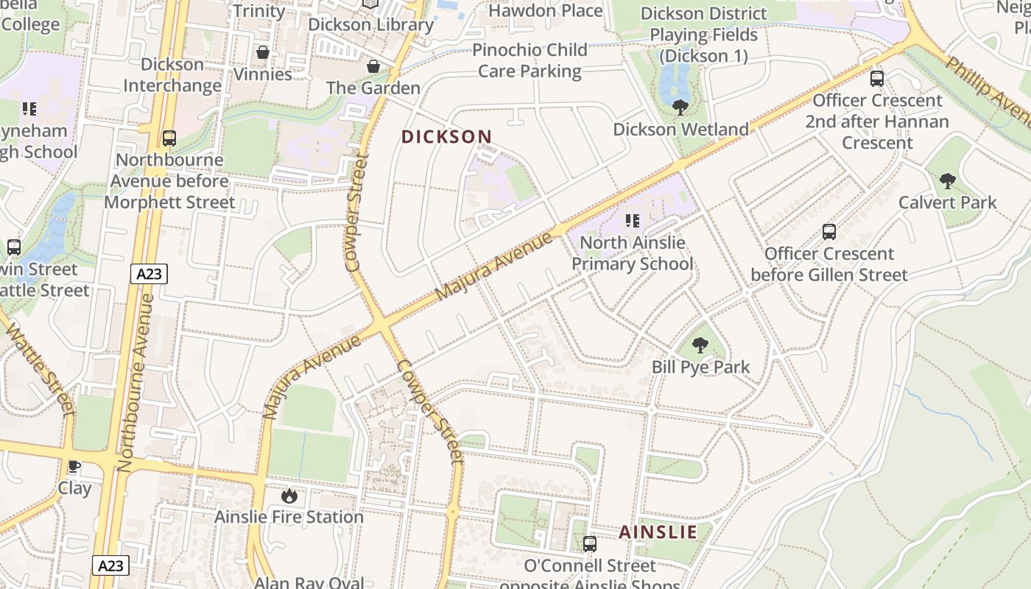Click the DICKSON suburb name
[446, 137]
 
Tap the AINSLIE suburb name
[658, 532]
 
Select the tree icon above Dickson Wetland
[680, 107]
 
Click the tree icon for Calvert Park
[948, 180]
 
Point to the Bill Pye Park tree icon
[700, 345]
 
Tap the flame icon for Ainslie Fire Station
[289, 495]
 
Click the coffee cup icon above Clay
[74, 466]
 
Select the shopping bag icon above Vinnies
[262, 52]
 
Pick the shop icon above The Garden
[373, 66]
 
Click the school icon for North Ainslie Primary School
[632, 220]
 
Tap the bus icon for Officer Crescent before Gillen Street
[829, 232]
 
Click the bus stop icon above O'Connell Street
[590, 544]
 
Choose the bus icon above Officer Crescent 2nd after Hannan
[877, 78]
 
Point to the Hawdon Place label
[545, 11]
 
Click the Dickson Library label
[370, 24]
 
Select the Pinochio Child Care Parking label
[529, 60]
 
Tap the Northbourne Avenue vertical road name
[135, 383]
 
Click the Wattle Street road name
[41, 368]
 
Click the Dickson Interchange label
[172, 75]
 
